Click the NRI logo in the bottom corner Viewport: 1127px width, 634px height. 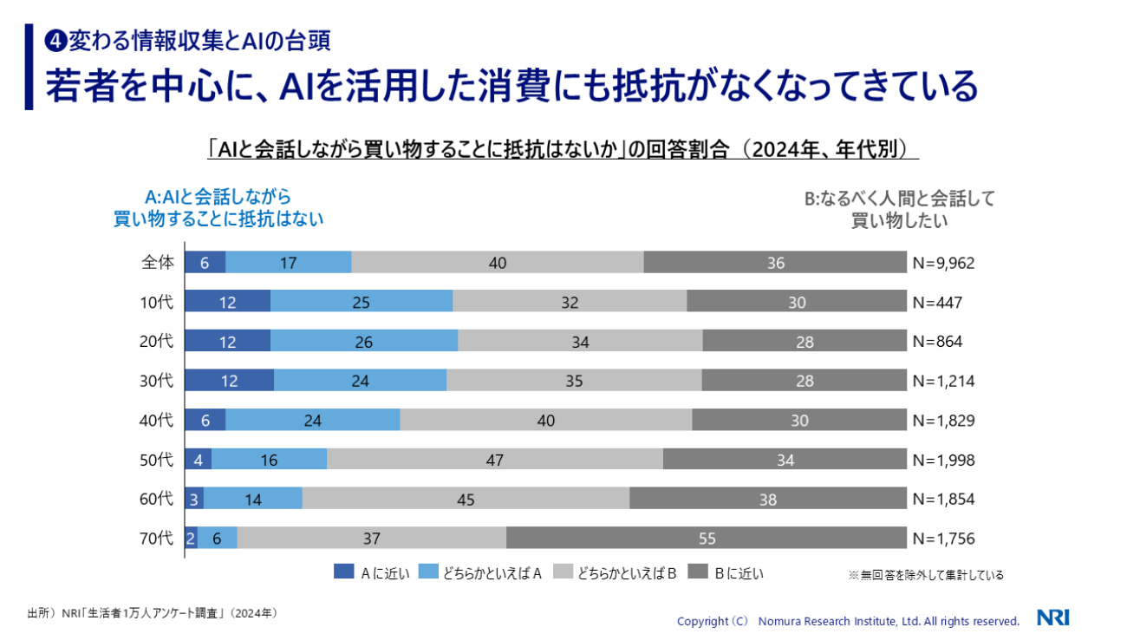coord(1052,618)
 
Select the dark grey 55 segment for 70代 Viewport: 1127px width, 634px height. coord(706,539)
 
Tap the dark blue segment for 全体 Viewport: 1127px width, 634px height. coord(205,263)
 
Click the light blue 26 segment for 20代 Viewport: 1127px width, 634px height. coord(363,342)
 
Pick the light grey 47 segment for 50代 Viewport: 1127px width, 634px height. coord(494,460)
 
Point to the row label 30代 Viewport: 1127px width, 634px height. coord(156,381)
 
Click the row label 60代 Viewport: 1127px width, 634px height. coord(156,499)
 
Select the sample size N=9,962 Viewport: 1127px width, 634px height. coord(943,263)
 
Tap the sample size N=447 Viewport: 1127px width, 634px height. coord(937,303)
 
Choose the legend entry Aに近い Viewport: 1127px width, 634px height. coord(370,572)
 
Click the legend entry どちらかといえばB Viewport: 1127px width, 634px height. coord(610,572)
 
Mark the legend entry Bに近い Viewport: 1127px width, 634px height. coord(726,572)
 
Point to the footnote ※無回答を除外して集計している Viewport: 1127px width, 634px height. coord(925,574)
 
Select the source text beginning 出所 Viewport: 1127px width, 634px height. coord(152,613)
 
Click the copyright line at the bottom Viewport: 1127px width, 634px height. coord(847,621)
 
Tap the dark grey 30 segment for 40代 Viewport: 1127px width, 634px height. coord(798,421)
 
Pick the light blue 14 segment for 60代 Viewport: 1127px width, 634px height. coord(252,499)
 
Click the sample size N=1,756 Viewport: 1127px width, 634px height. coord(943,539)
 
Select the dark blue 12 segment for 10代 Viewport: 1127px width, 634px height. coord(227,302)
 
